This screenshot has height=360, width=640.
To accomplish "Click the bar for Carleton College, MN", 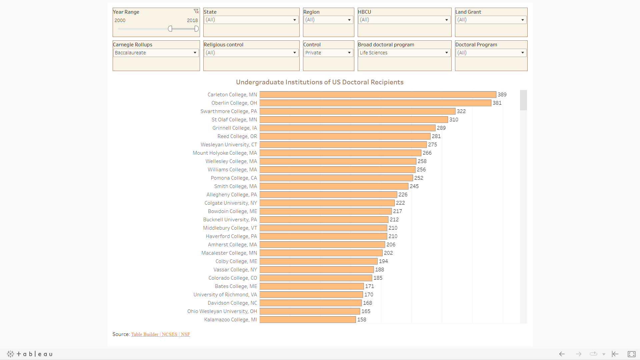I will coord(378,95).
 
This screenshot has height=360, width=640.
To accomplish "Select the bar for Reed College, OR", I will coord(345,136).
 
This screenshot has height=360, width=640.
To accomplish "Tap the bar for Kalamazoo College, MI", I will coord(308,320).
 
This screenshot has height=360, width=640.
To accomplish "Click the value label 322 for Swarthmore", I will coord(461,111).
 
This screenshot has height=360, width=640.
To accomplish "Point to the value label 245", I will coord(414,186).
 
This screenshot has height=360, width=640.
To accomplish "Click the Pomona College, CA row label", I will coord(234,178).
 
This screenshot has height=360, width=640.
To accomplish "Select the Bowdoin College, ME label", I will coord(232,211).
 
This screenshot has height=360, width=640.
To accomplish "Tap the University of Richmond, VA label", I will coord(225,295).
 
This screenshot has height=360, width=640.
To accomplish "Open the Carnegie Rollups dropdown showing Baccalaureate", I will coord(156,53).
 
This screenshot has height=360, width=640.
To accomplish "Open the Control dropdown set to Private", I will coord(328,53).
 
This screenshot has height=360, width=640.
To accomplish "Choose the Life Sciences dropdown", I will coord(404,53).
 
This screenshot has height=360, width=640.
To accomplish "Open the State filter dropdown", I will coord(251,20).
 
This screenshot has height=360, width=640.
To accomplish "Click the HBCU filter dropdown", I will coord(404,20).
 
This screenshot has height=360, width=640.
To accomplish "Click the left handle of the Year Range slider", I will coord(170,29).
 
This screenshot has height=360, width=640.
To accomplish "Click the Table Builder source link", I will coord(145,334).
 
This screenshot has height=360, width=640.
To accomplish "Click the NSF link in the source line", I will coord(185,334).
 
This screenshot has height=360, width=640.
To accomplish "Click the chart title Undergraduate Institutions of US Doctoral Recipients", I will coord(320,82).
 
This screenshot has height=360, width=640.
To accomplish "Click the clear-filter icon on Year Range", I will coord(196,11).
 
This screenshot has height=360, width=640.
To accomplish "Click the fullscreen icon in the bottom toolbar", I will coord(631,354).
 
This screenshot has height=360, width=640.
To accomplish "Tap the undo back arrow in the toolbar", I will coord(562,354).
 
